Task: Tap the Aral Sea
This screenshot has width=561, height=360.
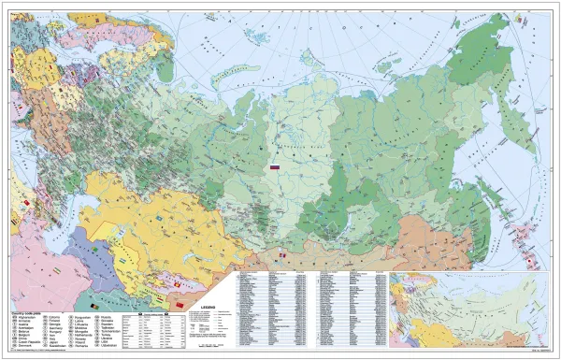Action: pos(108,221)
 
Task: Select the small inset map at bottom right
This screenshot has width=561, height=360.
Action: pos(473,309)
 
